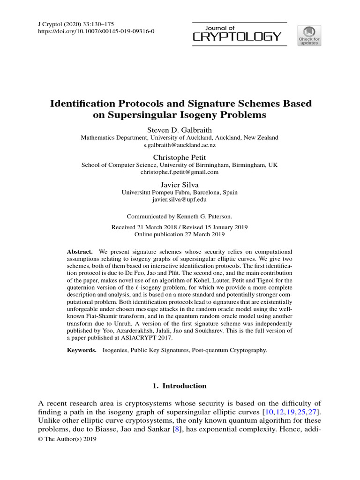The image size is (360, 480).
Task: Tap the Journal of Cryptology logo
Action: coord(238,32)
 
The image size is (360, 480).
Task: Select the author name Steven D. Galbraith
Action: coord(180,129)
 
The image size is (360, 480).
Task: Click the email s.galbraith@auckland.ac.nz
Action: coord(180,145)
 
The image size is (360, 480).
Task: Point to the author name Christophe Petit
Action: coord(180,157)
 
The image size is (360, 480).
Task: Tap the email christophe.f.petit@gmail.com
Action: coord(180,172)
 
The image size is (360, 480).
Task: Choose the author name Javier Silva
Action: coord(180,184)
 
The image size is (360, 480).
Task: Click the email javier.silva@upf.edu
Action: coord(180,199)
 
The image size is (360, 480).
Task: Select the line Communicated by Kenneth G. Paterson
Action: coord(180,216)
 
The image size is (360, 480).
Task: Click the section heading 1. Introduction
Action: coord(180,386)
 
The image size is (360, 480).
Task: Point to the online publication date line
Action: coord(180,234)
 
